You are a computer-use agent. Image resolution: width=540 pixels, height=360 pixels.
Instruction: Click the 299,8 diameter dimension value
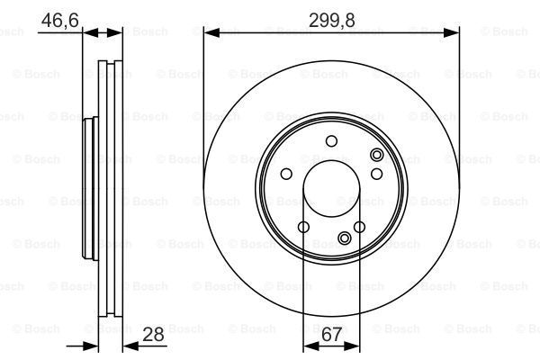tap(332, 17)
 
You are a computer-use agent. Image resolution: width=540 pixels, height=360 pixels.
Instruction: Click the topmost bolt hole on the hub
tap(332, 140)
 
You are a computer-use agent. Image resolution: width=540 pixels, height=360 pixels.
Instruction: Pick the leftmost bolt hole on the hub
tap(286, 175)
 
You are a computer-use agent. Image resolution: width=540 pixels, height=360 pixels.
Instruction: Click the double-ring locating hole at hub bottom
tap(345, 238)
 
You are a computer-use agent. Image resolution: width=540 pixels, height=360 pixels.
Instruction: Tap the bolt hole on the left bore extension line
tap(304, 227)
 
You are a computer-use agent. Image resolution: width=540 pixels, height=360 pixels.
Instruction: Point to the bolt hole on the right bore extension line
tap(359, 227)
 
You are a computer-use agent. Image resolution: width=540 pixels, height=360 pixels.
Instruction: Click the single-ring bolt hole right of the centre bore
tap(377, 174)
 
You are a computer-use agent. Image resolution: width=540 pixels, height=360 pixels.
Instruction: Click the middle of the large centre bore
tap(332, 188)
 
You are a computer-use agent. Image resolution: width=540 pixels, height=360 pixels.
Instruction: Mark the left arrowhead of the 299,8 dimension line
tap(209, 32)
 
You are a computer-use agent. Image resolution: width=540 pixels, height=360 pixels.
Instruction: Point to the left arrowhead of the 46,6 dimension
tap(86, 32)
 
